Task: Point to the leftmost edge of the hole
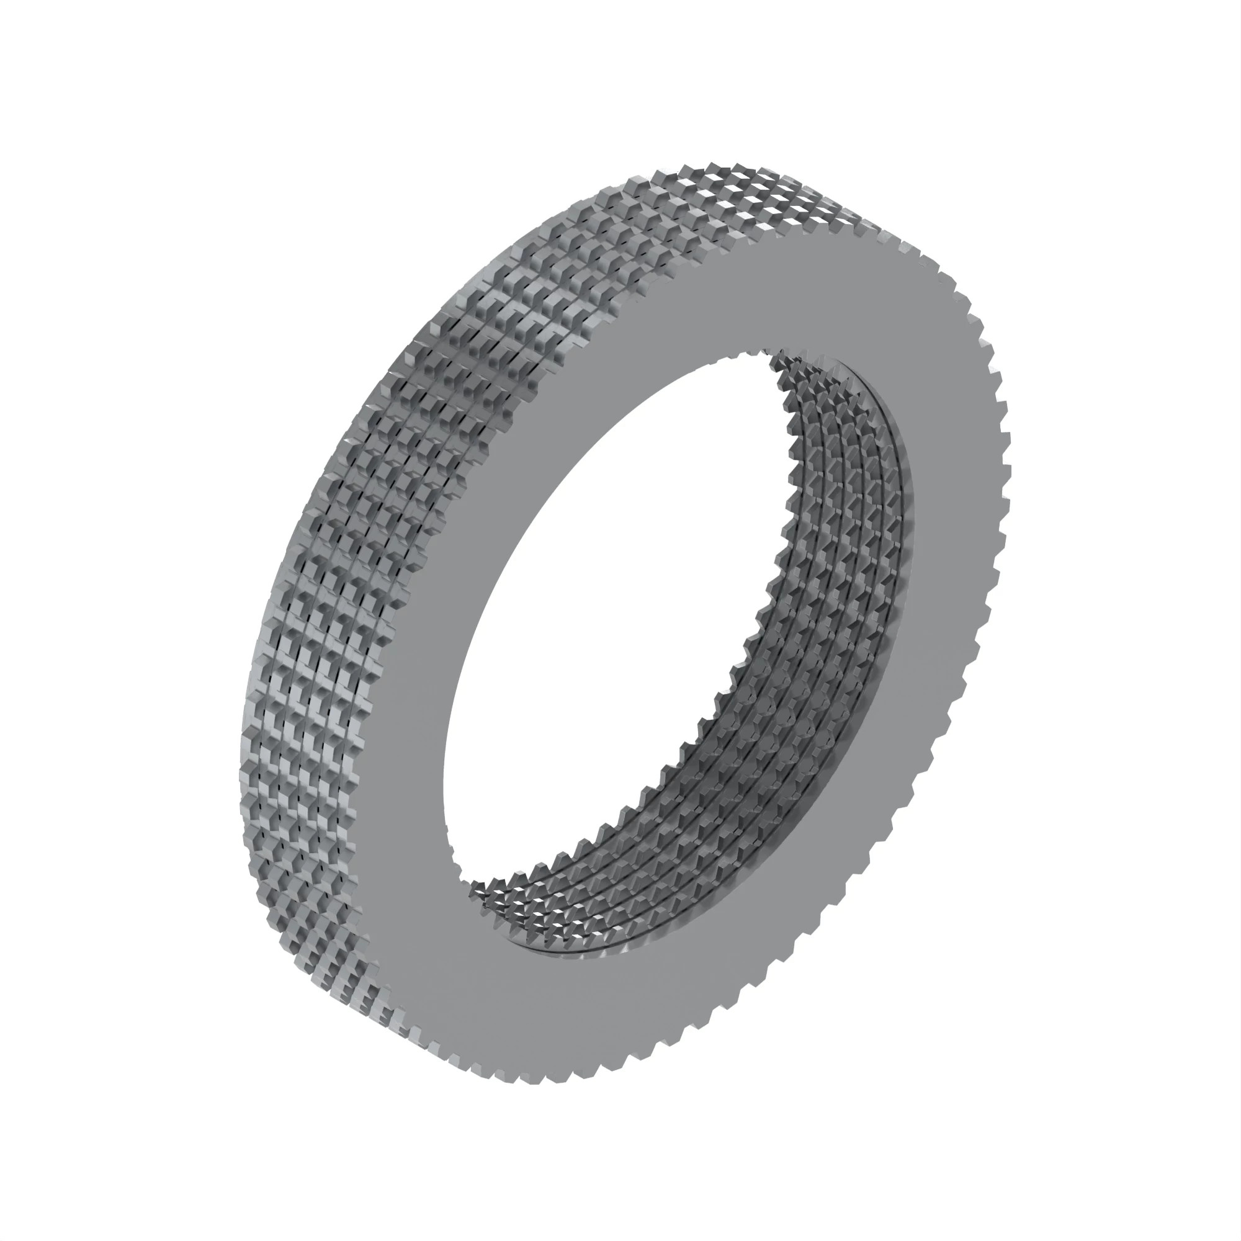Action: click(442, 771)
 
